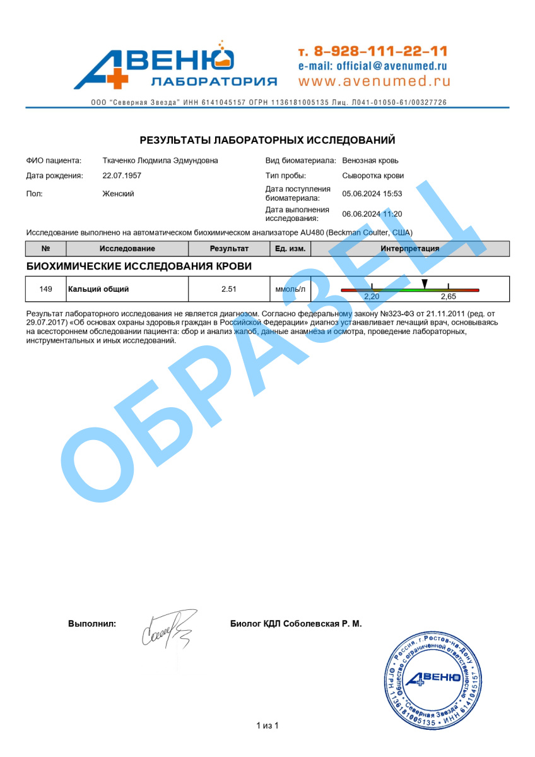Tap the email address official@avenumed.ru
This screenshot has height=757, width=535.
point(372,66)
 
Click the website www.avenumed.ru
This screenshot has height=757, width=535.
point(374,81)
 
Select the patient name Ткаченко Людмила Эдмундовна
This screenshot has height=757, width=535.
point(160,160)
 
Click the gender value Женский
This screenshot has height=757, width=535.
point(118,194)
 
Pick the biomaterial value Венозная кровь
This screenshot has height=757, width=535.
point(370,160)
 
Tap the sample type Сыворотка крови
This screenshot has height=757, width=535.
point(373,176)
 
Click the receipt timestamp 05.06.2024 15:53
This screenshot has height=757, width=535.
point(372,194)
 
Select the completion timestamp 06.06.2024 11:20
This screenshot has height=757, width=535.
point(372,214)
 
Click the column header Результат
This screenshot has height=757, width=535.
point(229,249)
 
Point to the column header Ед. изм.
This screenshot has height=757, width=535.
point(290,249)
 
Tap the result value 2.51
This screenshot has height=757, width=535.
point(228,289)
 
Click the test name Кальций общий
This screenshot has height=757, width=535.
point(98,289)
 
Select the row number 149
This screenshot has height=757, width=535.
point(45,289)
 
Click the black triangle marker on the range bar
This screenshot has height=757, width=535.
point(425,284)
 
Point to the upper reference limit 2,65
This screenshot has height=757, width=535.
point(448,296)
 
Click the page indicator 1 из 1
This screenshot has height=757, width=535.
point(267,725)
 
